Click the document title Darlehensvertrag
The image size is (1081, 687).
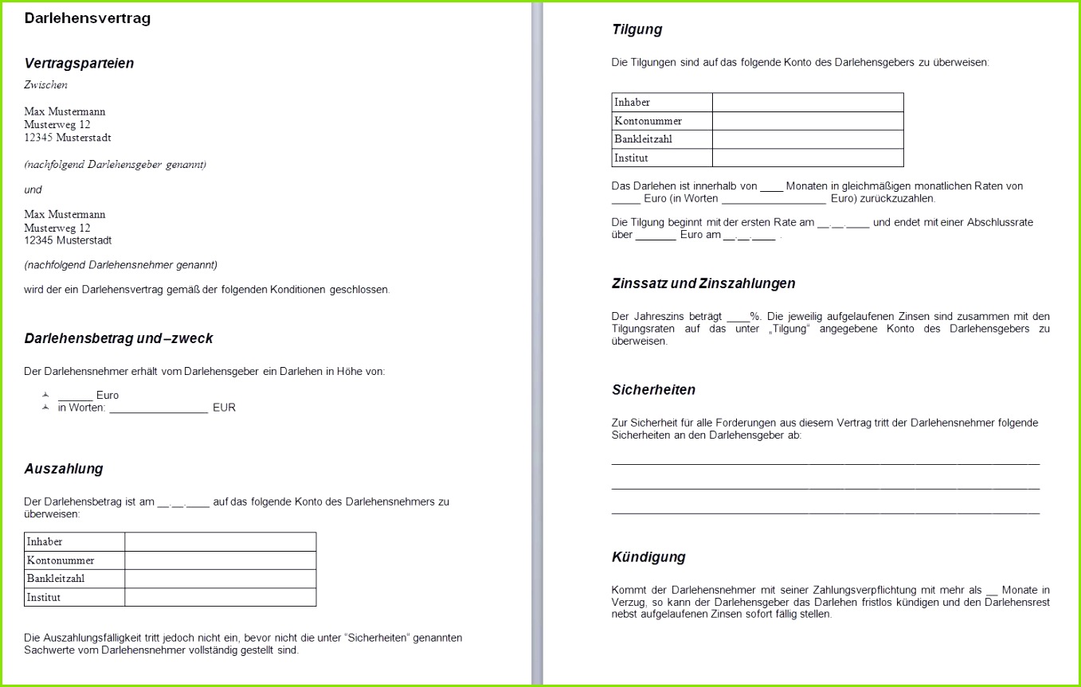pyautogui.click(x=88, y=18)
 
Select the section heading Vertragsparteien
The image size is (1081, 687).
pyautogui.click(x=79, y=64)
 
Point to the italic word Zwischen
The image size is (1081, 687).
pyautogui.click(x=45, y=85)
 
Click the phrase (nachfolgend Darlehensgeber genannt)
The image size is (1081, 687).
pyautogui.click(x=115, y=165)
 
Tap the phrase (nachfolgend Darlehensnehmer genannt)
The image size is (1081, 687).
pyautogui.click(x=120, y=264)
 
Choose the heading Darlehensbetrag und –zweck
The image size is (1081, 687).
pyautogui.click(x=119, y=338)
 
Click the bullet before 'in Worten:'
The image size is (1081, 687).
pyautogui.click(x=45, y=408)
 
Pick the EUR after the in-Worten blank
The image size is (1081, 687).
pyautogui.click(x=224, y=408)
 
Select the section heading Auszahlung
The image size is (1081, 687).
pyautogui.click(x=64, y=469)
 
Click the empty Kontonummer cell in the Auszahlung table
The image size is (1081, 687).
pyautogui.click(x=220, y=560)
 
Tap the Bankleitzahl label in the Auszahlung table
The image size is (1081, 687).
pyautogui.click(x=56, y=579)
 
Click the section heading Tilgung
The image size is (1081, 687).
pyautogui.click(x=636, y=30)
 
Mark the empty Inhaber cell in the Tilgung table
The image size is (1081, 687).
pyautogui.click(x=808, y=103)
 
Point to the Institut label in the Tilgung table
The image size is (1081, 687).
pyautogui.click(x=631, y=158)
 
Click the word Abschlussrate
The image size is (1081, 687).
pyautogui.click(x=1000, y=223)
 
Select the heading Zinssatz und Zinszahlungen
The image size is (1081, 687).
pyautogui.click(x=703, y=283)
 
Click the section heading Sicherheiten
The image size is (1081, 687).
pyautogui.click(x=653, y=390)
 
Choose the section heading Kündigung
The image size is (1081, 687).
pyautogui.click(x=648, y=557)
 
